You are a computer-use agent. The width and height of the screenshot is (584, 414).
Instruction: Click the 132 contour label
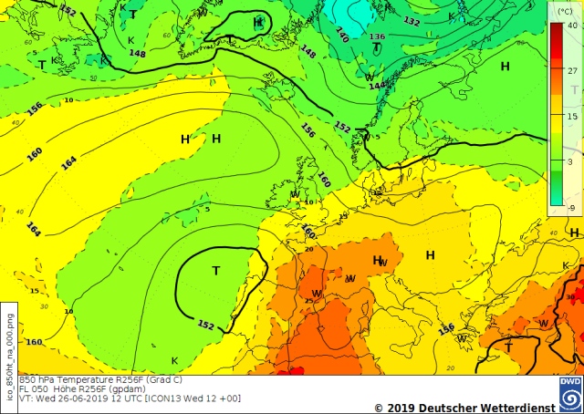pyautogui.click(x=412, y=21)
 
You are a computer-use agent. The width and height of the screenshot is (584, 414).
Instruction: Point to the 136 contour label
pyautogui.click(x=377, y=36)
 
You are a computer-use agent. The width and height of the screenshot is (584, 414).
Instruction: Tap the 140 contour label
pyautogui.click(x=341, y=36)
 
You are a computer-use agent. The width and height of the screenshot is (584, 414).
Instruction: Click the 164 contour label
pyautogui.click(x=68, y=164)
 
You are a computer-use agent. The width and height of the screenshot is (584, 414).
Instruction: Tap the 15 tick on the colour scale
pyautogui.click(x=572, y=116)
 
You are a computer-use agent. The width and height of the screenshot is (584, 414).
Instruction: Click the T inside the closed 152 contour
pyautogui.click(x=216, y=271)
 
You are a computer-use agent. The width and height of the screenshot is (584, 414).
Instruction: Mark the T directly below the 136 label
pyautogui.click(x=376, y=47)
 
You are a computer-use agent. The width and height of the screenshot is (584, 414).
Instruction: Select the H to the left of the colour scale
pyautogui.click(x=505, y=66)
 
